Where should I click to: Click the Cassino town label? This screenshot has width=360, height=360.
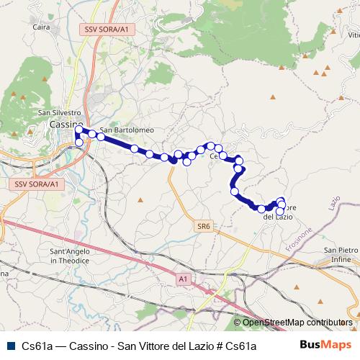[63, 125]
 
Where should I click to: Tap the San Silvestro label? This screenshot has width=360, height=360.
[58, 113]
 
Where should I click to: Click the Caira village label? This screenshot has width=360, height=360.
[41, 29]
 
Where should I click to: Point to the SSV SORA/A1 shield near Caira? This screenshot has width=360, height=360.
[106, 29]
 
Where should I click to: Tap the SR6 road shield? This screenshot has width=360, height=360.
[204, 226]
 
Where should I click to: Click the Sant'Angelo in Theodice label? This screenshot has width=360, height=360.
[70, 256]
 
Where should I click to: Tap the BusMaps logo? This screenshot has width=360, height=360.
[325, 346]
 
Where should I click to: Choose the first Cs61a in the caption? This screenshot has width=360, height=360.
[37, 346]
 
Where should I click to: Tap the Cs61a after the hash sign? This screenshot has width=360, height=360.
[240, 346]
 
